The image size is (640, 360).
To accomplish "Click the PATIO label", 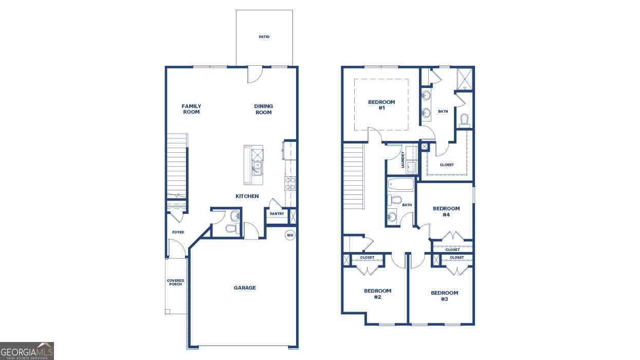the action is pyautogui.click(x=264, y=37).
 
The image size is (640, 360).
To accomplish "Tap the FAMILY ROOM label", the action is pyautogui.click(x=191, y=109).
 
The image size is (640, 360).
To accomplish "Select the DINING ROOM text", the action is pyautogui.click(x=263, y=109).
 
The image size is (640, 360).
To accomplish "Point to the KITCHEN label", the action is pyautogui.click(x=247, y=196).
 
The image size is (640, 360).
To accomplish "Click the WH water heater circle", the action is pyautogui.click(x=290, y=236).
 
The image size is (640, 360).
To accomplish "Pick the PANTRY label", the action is pyautogui.click(x=277, y=213).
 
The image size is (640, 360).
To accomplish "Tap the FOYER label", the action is pyautogui.click(x=178, y=232).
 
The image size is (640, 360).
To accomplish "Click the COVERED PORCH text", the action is pyautogui.click(x=175, y=282).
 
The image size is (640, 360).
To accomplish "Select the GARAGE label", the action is pyautogui.click(x=245, y=287).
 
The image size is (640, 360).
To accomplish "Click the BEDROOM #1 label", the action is pyautogui.click(x=381, y=105).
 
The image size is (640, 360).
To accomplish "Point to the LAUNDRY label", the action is pyautogui.click(x=403, y=159).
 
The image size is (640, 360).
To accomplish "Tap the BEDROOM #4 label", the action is pyautogui.click(x=446, y=211).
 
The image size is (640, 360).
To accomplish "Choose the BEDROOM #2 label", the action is pyautogui.click(x=377, y=294).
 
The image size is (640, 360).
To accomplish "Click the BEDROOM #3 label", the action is pyautogui.click(x=444, y=296).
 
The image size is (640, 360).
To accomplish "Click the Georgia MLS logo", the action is pyautogui.click(x=27, y=351).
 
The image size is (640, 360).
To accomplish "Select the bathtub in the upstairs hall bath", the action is pyautogui.click(x=400, y=185).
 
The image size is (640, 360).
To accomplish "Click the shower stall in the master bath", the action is pyautogui.click(x=465, y=79).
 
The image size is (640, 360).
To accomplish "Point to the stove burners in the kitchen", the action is pyautogui.click(x=290, y=183).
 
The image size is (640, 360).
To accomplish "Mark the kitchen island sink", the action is pyautogui.click(x=257, y=168).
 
